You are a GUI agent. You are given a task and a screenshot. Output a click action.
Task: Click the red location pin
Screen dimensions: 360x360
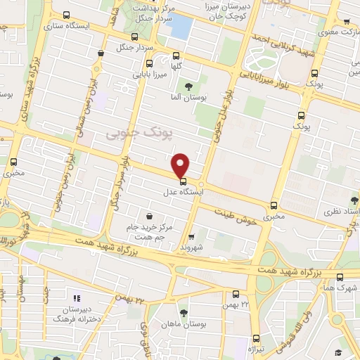click(x=181, y=165)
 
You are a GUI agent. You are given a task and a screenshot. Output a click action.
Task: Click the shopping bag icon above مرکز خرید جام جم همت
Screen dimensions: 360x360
click(x=148, y=217)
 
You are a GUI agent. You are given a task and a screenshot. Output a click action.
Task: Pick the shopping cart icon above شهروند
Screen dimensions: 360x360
click(x=191, y=237)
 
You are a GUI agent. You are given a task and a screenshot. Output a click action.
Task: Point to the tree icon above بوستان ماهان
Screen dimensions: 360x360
click(x=184, y=312)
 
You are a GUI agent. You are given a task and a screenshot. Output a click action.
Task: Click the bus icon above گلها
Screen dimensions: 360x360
click(x=176, y=57)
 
